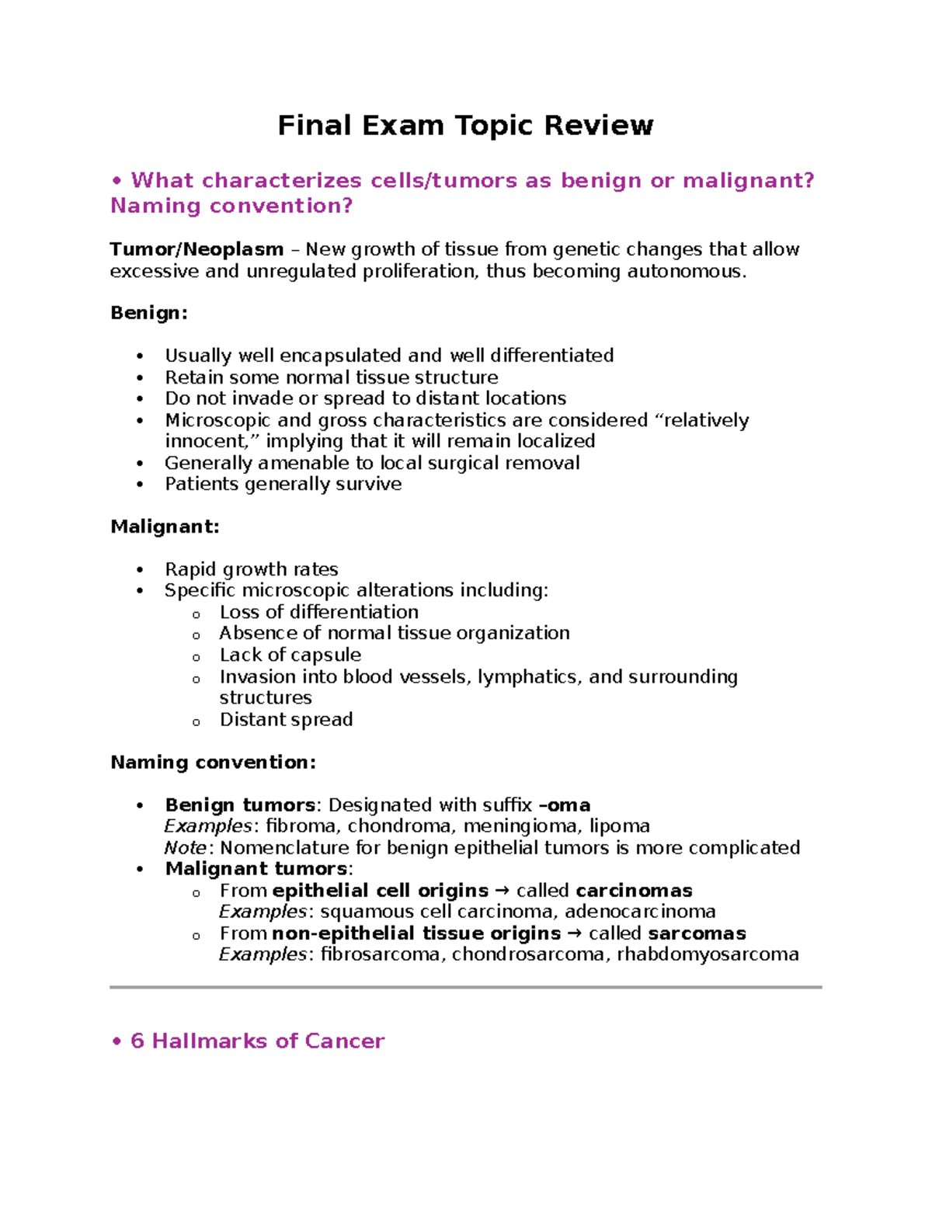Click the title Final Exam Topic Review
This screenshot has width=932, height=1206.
tap(465, 125)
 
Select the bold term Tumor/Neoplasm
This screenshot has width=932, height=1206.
tap(196, 249)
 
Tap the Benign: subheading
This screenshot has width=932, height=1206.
tap(149, 313)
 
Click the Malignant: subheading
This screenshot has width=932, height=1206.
tap(165, 527)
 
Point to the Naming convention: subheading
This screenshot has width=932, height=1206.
tap(213, 762)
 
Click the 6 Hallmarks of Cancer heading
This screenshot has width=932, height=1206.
tap(257, 1041)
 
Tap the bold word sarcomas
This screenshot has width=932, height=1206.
tap(697, 933)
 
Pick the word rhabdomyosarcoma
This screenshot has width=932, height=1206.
tap(708, 954)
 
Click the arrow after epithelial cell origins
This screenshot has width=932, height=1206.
tap(503, 890)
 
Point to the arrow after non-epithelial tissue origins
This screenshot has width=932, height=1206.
tap(575, 933)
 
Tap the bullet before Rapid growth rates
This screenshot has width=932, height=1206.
tap(140, 570)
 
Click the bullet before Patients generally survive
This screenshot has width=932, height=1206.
tap(140, 485)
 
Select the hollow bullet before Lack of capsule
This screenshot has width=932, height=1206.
tap(196, 657)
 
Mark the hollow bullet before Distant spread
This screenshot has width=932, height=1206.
tap(196, 721)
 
